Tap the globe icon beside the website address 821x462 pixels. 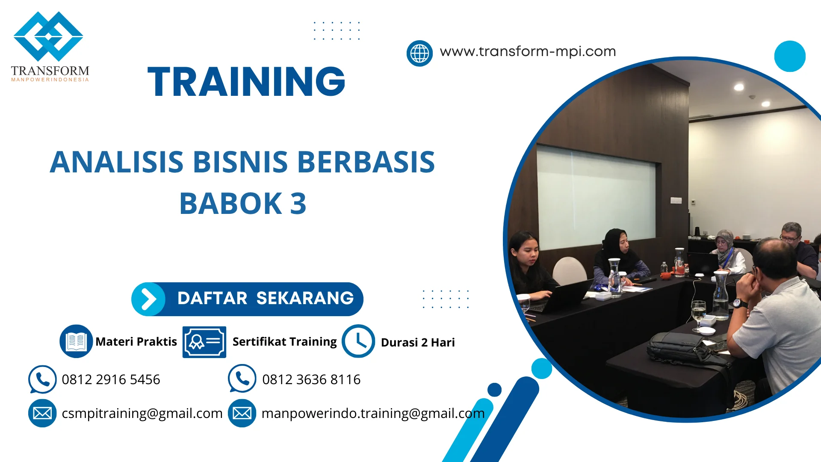[419, 53]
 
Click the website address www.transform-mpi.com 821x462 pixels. [528, 51]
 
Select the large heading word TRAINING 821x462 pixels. [246, 82]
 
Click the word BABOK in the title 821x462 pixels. [230, 204]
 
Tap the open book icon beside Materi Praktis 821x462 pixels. [76, 341]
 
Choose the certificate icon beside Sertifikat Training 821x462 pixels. [204, 342]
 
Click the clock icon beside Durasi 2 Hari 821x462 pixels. [358, 341]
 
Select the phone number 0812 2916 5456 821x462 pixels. [111, 379]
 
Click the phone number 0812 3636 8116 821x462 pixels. [311, 379]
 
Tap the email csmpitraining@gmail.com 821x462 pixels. [142, 413]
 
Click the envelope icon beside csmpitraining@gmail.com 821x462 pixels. [42, 413]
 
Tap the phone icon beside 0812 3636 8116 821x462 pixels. [242, 379]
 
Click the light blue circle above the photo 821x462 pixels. [789, 56]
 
